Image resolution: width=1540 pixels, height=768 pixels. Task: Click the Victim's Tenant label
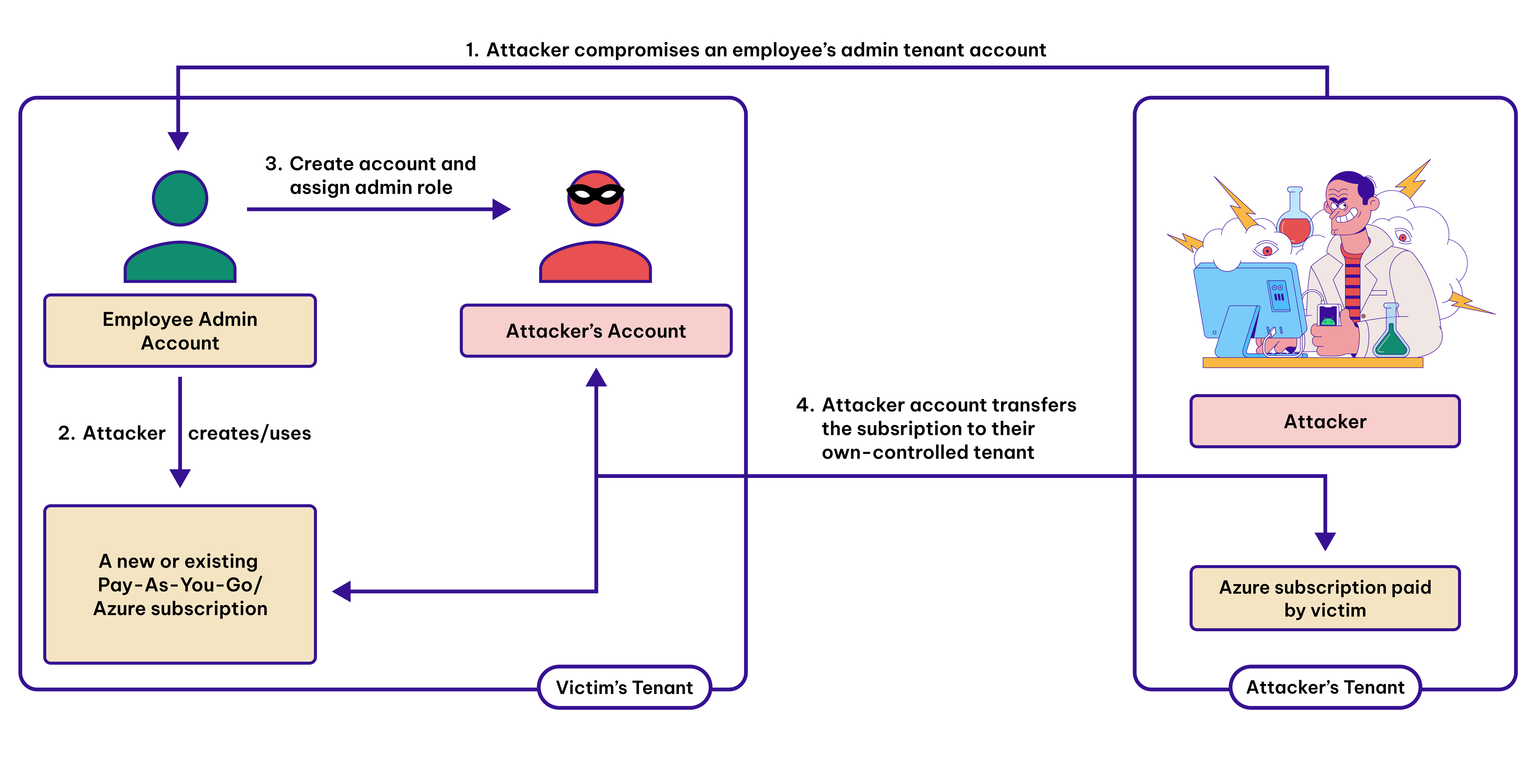click(x=624, y=687)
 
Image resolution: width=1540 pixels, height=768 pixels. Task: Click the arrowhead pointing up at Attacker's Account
click(x=596, y=378)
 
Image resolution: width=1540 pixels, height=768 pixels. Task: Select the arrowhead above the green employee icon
click(x=178, y=141)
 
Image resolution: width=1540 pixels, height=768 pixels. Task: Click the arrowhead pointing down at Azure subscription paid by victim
click(x=1325, y=541)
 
